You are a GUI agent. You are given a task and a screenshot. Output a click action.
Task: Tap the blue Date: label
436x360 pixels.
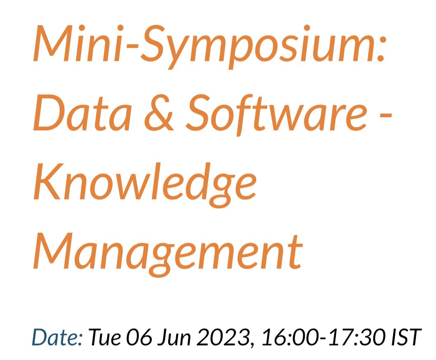click(57, 338)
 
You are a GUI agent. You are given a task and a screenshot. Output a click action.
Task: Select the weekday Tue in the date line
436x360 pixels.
click(105, 338)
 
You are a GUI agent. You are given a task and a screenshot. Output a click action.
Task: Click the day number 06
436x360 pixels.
click(139, 338)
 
